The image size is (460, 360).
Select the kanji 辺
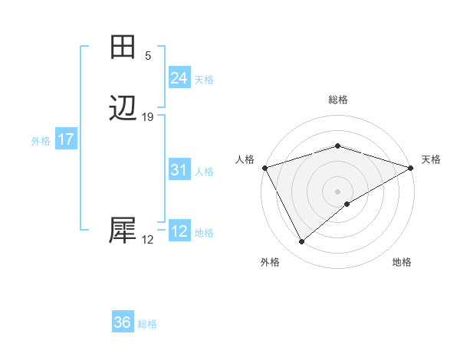click(x=123, y=108)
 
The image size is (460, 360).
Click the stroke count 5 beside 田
click(x=148, y=56)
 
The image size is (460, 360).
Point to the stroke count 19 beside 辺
click(x=148, y=117)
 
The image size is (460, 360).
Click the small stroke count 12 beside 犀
click(x=148, y=240)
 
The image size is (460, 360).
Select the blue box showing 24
click(x=179, y=78)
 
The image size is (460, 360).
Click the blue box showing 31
click(x=179, y=170)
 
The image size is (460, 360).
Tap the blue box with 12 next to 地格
click(x=179, y=231)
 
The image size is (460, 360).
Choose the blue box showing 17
click(x=65, y=139)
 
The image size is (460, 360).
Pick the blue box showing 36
click(x=122, y=322)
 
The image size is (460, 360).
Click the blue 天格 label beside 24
click(x=204, y=80)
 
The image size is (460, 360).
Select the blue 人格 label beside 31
click(x=204, y=172)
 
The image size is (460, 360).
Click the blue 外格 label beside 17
click(x=41, y=141)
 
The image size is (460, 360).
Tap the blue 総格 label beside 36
click(x=147, y=324)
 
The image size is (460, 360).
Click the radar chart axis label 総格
click(x=337, y=100)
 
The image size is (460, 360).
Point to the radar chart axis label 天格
click(x=431, y=159)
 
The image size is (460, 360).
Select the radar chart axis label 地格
click(x=402, y=263)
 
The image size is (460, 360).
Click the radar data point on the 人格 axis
click(x=264, y=168)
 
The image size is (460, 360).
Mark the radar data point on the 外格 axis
click(x=301, y=242)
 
